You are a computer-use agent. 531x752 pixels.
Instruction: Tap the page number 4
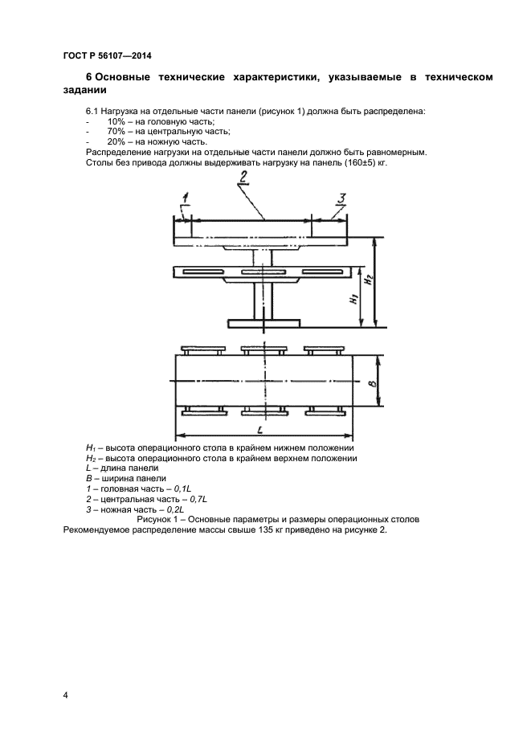coord(66,693)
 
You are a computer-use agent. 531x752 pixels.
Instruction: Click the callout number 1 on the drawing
coord(184,198)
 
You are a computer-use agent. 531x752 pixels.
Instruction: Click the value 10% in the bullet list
coord(116,121)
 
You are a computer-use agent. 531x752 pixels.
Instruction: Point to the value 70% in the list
coord(116,131)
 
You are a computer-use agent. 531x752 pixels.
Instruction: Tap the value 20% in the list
coord(116,141)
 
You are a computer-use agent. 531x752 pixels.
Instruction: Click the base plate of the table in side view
coord(263,323)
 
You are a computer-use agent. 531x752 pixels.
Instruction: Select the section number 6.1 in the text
coord(92,110)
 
